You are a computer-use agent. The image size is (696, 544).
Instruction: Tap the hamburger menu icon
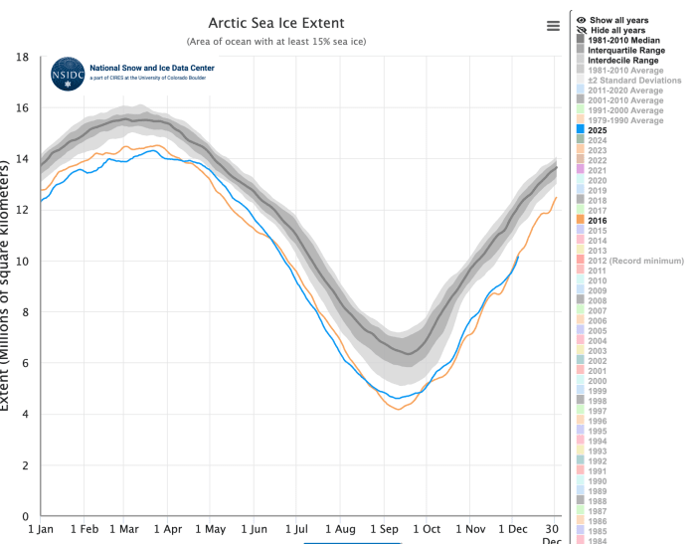coord(553,26)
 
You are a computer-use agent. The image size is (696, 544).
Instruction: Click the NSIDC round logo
coord(68,74)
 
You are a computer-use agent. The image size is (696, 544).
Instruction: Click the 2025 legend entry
coord(598,129)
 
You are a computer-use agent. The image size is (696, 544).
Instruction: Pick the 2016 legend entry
coord(598,220)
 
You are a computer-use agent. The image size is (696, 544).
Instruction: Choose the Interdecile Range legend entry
coord(626,60)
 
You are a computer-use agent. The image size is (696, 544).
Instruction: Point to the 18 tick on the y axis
coord(21,58)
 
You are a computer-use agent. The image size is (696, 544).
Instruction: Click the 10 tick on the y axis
coord(21,262)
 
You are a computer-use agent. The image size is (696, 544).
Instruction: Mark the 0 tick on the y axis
coord(24,516)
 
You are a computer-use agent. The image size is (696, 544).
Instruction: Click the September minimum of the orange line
coord(400,410)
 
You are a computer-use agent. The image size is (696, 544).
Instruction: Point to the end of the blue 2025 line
coord(518,257)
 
